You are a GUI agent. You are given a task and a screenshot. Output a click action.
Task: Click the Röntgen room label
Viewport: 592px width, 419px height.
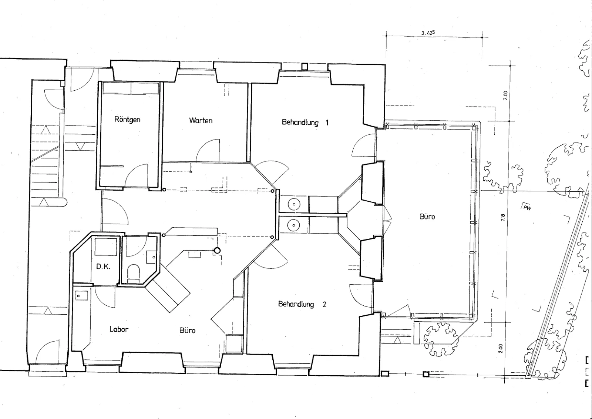[x=127, y=120]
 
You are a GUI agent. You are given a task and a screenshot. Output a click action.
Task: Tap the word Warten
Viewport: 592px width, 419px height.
[x=201, y=121]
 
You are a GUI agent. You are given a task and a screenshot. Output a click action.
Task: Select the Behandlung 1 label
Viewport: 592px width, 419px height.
[x=305, y=123]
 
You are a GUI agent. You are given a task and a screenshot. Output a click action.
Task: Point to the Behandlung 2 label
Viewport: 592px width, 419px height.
[x=302, y=304]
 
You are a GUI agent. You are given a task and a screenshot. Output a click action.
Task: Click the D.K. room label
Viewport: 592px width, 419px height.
[x=103, y=267]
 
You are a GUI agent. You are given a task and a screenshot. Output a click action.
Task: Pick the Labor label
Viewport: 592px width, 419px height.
[x=119, y=329]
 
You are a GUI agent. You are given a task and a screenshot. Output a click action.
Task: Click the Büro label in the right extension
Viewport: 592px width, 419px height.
[x=427, y=217]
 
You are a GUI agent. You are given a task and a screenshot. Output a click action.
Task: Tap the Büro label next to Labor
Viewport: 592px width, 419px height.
[x=188, y=330]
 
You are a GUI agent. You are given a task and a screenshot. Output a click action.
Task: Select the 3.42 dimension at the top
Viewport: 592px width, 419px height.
[x=428, y=33]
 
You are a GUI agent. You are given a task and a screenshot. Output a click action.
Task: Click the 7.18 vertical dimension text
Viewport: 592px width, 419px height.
[x=503, y=218]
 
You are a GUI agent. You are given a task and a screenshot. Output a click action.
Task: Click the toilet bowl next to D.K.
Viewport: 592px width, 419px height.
[x=133, y=273]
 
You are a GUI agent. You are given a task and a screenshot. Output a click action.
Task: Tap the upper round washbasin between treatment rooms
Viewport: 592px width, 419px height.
[x=294, y=204]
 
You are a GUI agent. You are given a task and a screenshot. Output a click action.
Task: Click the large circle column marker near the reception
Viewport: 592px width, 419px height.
[x=217, y=250]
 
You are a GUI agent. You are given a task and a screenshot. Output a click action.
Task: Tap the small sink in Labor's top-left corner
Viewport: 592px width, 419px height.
[x=82, y=295]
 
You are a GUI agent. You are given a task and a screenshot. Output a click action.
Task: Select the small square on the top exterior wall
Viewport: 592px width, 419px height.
[x=305, y=66]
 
